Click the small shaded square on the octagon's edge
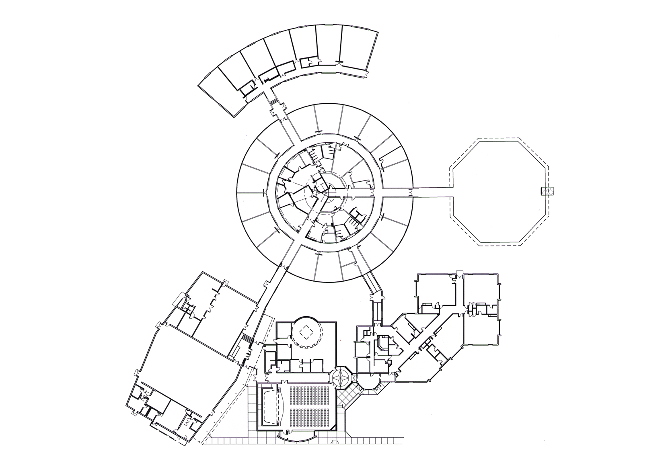click(548, 191)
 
